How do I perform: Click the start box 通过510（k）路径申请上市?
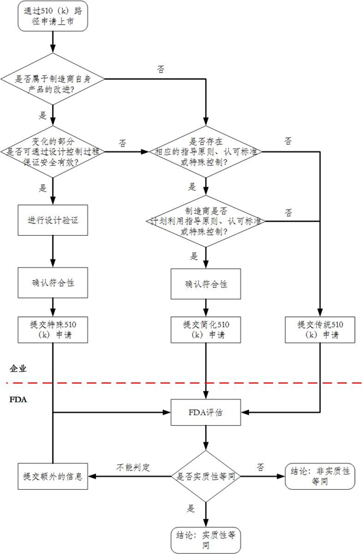coord(53,16)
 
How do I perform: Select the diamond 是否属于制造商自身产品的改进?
coord(53,79)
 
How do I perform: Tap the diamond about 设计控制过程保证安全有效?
coord(53,152)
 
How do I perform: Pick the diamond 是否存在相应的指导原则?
coord(206,152)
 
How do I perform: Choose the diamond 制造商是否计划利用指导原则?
coord(206,221)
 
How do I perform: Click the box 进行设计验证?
coord(53,220)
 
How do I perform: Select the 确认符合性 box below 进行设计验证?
coord(53,283)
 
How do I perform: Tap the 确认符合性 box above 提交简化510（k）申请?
coord(206,284)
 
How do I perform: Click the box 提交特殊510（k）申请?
coord(53,330)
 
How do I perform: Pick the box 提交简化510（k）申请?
coord(206,330)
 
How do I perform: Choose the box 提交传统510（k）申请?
coord(320,330)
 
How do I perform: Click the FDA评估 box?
coord(206,413)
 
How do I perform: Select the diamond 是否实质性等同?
coord(206,477)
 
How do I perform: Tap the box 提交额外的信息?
coord(53,477)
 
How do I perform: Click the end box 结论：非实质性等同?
coord(320,477)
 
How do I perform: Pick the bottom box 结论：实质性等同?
coord(206,540)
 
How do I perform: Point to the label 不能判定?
coord(133,468)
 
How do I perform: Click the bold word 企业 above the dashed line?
coord(18,369)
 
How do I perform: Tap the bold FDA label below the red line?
coord(18,400)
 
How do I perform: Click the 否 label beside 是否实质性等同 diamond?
coord(260,468)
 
